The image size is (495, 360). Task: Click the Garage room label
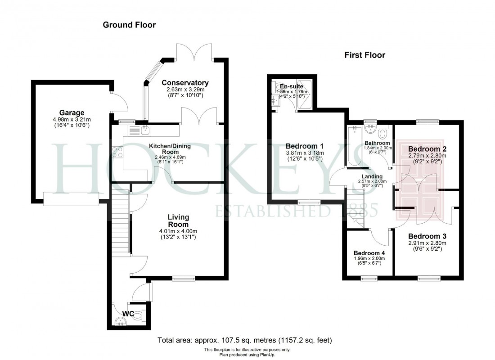click(x=72, y=112)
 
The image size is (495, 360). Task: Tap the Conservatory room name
click(x=185, y=83)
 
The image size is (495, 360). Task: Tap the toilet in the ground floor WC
click(x=138, y=315)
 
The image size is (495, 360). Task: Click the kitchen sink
click(x=145, y=130)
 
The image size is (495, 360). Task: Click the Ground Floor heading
click(x=129, y=25)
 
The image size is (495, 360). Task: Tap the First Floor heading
click(x=365, y=55)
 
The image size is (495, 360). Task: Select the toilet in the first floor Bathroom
click(x=383, y=133)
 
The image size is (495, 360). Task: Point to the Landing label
click(x=372, y=176)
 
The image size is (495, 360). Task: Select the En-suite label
click(x=288, y=86)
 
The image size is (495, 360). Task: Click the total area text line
click(x=245, y=340)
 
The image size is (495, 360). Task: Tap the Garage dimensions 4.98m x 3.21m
click(x=72, y=120)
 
